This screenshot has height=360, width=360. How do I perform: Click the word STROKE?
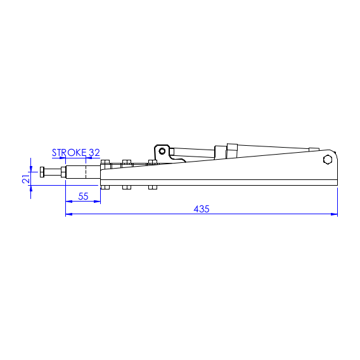(69, 153)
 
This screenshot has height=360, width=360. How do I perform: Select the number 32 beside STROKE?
(94, 153)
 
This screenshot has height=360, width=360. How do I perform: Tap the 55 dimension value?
(83, 196)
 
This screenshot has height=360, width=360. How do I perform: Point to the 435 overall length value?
(201, 209)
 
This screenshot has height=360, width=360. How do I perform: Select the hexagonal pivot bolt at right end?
(327, 160)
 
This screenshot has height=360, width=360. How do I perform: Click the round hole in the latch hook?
(162, 151)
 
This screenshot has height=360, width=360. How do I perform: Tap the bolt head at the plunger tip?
(42, 172)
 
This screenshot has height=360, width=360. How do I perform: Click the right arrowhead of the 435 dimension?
(334, 214)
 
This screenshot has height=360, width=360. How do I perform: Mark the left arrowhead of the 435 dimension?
(69, 214)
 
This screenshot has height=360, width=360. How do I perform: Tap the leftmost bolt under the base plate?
(105, 187)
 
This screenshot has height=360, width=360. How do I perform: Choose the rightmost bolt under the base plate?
(152, 187)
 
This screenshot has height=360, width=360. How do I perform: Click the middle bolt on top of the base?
(126, 163)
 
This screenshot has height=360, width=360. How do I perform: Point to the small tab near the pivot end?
(313, 149)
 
